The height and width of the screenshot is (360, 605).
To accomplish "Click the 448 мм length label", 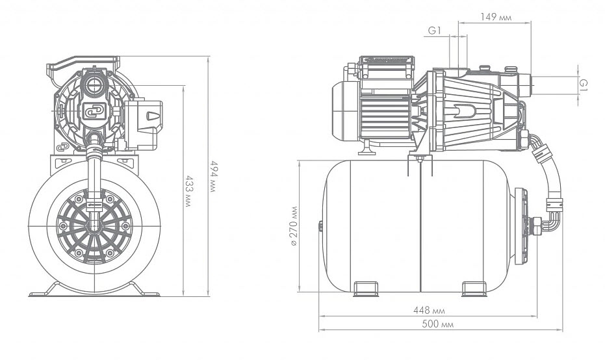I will coord(426,309).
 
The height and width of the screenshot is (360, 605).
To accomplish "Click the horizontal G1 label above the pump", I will coord(435,30).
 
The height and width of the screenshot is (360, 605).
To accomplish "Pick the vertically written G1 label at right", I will coord(584,85).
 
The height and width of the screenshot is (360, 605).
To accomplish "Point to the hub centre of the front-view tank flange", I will coord(95,222).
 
